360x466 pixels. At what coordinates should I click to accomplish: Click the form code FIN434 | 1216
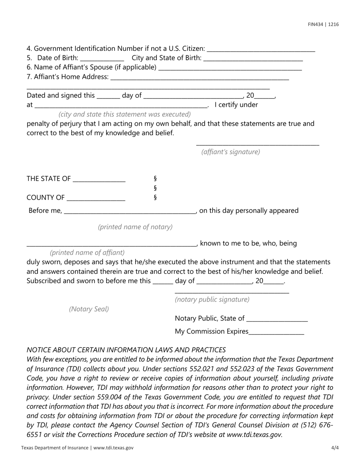pyautogui.click(x=323, y=24)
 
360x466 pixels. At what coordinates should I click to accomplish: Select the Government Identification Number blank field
pyautogui.click(x=261, y=49)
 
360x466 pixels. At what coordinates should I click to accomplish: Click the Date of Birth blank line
pyautogui.click(x=102, y=59)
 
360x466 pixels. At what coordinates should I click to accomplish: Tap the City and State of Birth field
pyautogui.click(x=253, y=59)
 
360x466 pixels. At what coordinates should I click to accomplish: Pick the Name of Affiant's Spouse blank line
pyautogui.click(x=230, y=68)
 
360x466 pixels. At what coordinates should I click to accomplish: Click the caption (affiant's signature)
pyautogui.click(x=231, y=152)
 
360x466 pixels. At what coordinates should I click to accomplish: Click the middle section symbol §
pyautogui.click(x=155, y=188)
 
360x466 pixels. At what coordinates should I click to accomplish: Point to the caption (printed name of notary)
pyautogui.click(x=135, y=227)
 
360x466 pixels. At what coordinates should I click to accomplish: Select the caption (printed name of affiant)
pyautogui.click(x=87, y=252)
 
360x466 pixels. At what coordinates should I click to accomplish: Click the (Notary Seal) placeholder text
pyautogui.click(x=89, y=309)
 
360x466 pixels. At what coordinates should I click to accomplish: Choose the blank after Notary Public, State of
pyautogui.click(x=277, y=319)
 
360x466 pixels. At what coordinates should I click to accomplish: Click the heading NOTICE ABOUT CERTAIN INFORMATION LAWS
pyautogui.click(x=126, y=350)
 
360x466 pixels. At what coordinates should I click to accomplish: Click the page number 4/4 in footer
pyautogui.click(x=335, y=447)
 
